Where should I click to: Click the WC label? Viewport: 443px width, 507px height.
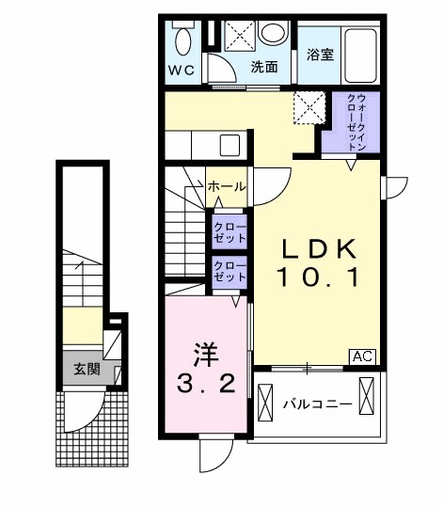point(182,70)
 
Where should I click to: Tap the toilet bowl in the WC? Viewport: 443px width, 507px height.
point(183,41)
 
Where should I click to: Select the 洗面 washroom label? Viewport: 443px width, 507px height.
point(264,67)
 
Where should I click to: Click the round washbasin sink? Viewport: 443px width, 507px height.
point(274,32)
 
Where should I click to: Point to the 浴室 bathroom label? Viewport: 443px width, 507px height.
point(320,55)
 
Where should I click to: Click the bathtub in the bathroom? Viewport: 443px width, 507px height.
point(360,55)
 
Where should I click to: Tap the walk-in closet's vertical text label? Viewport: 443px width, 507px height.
point(356,122)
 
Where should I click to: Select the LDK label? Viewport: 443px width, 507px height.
point(319,248)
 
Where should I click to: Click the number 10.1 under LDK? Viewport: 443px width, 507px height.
point(318,278)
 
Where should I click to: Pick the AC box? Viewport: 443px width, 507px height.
point(362,356)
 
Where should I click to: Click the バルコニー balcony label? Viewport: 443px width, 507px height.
point(318,404)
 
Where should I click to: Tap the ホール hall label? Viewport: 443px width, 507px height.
point(227,186)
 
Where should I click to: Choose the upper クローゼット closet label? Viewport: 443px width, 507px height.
point(229,233)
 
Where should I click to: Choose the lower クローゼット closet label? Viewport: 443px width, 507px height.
point(229,271)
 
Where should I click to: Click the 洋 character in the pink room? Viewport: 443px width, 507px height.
point(206,355)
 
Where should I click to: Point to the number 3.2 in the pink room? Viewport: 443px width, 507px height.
point(206,385)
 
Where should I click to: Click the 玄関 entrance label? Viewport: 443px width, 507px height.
point(87,370)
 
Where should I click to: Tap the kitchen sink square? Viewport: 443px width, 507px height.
point(229,146)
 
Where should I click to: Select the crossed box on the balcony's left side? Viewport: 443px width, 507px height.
point(265,403)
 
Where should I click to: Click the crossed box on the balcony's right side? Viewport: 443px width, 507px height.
point(367,396)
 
